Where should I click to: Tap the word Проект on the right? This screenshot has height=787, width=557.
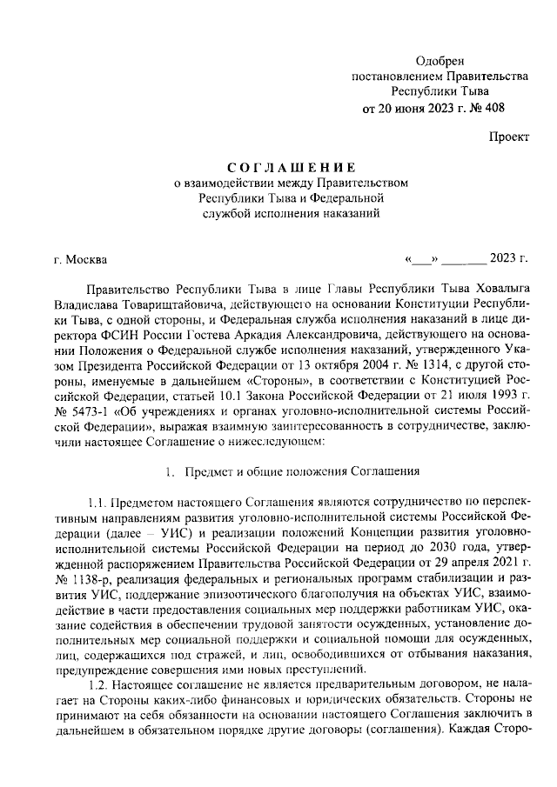[x=508, y=137]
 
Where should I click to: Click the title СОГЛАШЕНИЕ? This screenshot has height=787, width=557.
[x=292, y=166]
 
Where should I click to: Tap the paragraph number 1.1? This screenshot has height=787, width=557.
[x=101, y=503]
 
